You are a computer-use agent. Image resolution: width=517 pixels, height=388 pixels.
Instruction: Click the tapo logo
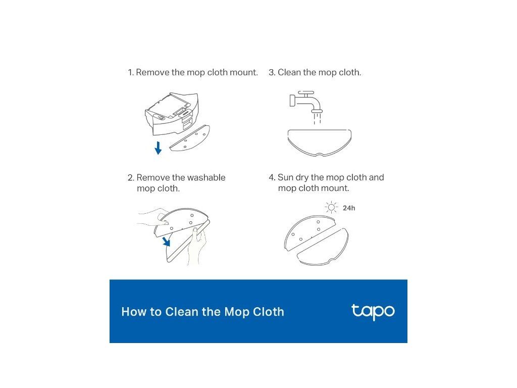[373, 312]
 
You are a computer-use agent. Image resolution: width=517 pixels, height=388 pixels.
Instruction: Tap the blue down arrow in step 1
[158, 148]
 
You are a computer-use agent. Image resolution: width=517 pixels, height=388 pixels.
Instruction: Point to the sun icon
[331, 208]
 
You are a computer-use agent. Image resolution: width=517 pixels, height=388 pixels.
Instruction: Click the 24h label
[349, 208]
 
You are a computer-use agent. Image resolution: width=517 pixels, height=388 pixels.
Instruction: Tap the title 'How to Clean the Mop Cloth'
[203, 312]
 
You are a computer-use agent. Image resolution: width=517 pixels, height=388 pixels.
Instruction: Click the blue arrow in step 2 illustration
[167, 241]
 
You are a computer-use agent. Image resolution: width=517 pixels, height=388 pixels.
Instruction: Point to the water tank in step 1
[172, 114]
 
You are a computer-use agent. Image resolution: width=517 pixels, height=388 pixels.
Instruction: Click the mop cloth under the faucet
[320, 142]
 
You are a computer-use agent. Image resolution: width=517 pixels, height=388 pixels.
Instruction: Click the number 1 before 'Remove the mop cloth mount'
[130, 73]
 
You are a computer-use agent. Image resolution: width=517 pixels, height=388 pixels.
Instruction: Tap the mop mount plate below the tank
[190, 138]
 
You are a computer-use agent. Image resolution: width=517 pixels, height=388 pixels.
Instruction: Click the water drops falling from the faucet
[317, 119]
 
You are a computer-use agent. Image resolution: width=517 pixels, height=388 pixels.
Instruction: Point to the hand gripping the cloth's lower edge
[198, 246]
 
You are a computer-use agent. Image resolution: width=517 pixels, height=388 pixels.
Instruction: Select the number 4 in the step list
[271, 177]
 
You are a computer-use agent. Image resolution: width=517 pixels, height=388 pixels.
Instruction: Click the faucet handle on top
[306, 93]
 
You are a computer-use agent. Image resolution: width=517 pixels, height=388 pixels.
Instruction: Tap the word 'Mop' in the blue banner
[235, 312]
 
